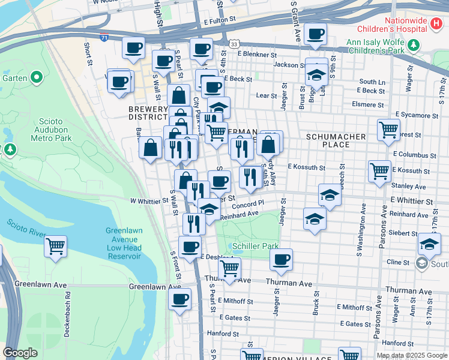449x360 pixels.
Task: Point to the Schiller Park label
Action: click(249, 246)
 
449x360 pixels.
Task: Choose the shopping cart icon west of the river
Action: click(55, 246)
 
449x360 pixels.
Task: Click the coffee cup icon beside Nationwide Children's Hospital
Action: click(315, 34)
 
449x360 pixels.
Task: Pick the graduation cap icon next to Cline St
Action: click(429, 244)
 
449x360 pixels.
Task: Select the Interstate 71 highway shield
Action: click(105, 37)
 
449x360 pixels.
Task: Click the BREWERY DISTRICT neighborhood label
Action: click(148, 113)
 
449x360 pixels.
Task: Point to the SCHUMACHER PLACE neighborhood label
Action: click(336, 140)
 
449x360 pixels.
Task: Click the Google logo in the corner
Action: click(20, 353)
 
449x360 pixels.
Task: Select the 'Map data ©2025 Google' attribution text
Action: click(411, 355)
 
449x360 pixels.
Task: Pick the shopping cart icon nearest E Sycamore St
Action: click(388, 129)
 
